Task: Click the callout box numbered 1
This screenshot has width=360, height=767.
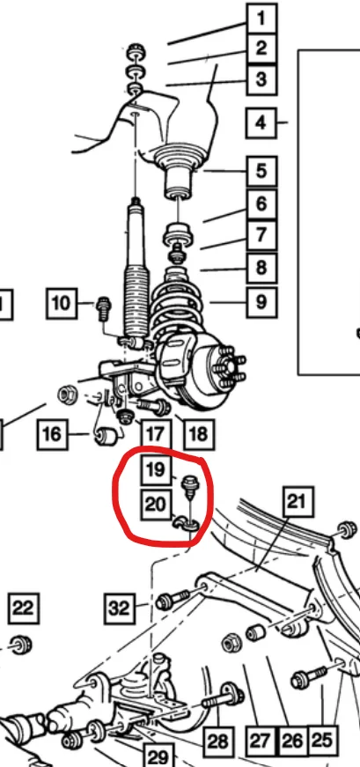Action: coord(261,19)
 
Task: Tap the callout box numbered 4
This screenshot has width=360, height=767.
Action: coord(261,122)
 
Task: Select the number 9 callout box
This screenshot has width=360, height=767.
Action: coord(261,302)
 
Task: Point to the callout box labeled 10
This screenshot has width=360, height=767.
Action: coord(62,303)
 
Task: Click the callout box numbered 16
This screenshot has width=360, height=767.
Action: coord(52,434)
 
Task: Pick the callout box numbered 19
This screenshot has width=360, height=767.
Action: coord(156,470)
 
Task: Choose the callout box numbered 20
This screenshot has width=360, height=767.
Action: coord(156,504)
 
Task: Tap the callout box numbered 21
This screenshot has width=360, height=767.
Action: coord(298,501)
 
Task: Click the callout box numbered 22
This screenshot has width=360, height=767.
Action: coord(24,608)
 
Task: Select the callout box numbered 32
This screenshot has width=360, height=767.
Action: coord(118,608)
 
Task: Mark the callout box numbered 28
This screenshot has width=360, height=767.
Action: coord(217,741)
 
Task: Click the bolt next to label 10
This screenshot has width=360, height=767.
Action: coord(104,309)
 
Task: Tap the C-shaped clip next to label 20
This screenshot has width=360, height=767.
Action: coord(185,523)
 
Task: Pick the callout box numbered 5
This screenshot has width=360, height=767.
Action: coord(261,171)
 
